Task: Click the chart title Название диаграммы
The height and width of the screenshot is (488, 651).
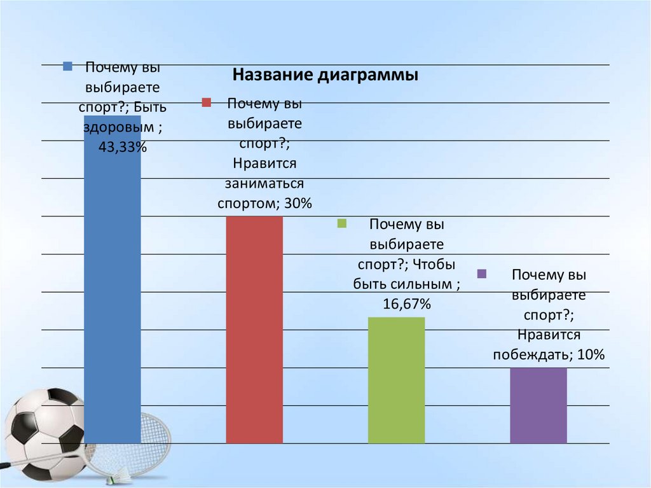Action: (x=325, y=76)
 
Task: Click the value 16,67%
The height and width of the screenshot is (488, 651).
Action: (x=407, y=305)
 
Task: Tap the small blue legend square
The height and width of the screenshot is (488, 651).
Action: (x=67, y=65)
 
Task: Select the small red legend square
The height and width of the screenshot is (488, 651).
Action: (x=206, y=102)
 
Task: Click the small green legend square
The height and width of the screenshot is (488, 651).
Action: (x=341, y=223)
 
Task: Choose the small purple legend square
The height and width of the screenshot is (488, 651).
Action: (x=482, y=274)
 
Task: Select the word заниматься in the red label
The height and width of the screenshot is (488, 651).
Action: (x=264, y=184)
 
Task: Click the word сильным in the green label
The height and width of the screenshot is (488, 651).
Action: (x=423, y=284)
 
